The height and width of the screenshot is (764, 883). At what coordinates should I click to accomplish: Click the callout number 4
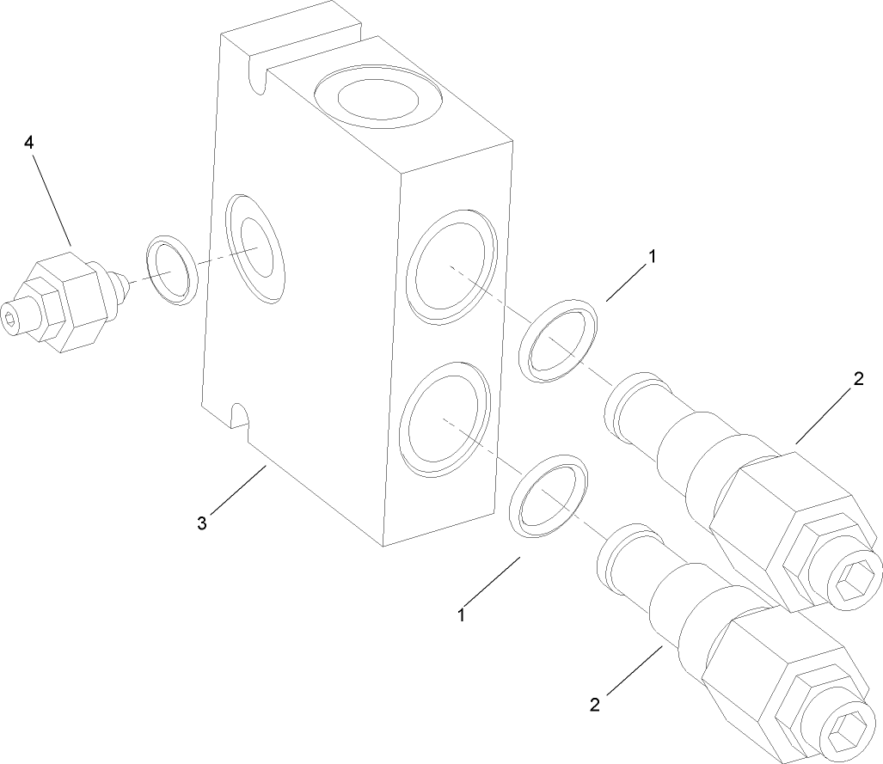pos(29,143)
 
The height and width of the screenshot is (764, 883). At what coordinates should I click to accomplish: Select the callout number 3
pos(202,523)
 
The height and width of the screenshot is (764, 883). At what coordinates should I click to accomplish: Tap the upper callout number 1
pos(653,256)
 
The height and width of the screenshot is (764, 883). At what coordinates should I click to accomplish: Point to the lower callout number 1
pos(462,615)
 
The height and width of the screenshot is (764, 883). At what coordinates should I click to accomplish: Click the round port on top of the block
pos(377,99)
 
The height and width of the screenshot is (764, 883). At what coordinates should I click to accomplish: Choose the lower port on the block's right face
pos(445,419)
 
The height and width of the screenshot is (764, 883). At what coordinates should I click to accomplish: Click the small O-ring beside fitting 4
pos(172,270)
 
